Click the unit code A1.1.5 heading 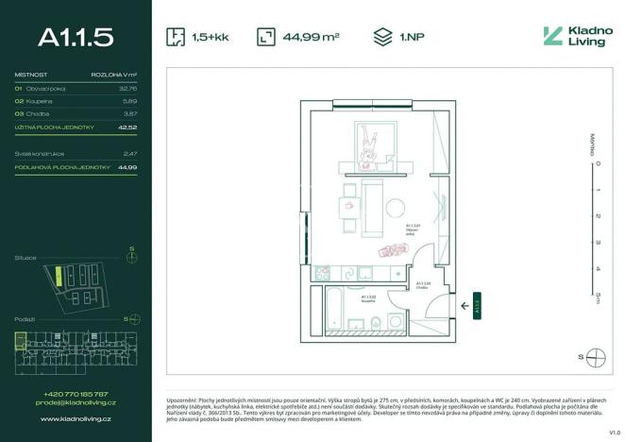click(76, 37)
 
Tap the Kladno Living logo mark click(552, 37)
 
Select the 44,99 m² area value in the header click(311, 38)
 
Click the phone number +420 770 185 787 click(76, 394)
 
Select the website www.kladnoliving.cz click(76, 417)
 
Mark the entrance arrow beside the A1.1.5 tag click(464, 305)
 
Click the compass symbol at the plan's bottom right click(595, 357)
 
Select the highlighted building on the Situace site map click(58, 277)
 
